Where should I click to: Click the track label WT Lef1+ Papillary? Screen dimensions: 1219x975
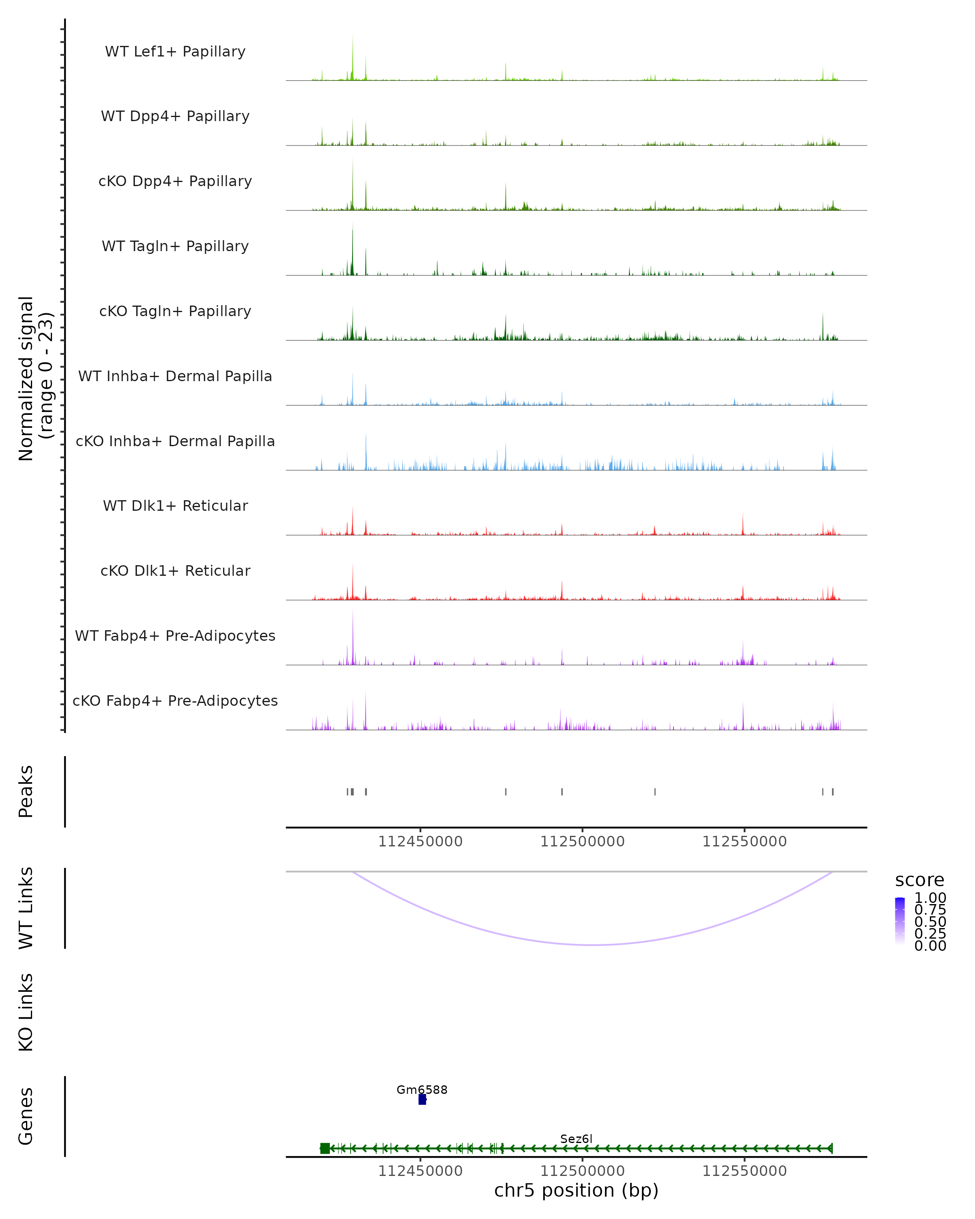175,52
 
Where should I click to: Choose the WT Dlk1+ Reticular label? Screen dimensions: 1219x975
175,505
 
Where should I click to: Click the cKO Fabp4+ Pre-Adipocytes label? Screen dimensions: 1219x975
175,701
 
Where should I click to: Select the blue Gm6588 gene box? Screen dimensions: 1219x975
422,1099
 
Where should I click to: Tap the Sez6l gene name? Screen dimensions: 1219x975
576,1139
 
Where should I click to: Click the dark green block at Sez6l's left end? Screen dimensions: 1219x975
325,1148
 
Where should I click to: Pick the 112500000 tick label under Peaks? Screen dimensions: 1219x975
582,842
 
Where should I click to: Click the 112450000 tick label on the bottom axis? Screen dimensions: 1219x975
420,1171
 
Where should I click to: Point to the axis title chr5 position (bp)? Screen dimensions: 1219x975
576,1190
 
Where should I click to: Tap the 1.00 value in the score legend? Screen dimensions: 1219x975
930,898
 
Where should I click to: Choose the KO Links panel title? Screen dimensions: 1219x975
26,1012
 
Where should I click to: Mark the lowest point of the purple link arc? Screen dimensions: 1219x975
592,944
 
